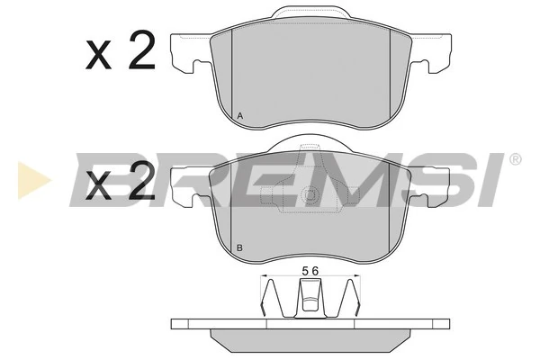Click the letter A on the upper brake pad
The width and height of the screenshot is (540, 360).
[239, 116]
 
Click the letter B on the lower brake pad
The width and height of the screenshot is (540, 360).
[239, 247]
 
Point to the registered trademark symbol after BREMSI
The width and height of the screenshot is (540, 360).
[515, 159]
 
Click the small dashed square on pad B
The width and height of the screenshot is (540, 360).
[310, 192]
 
